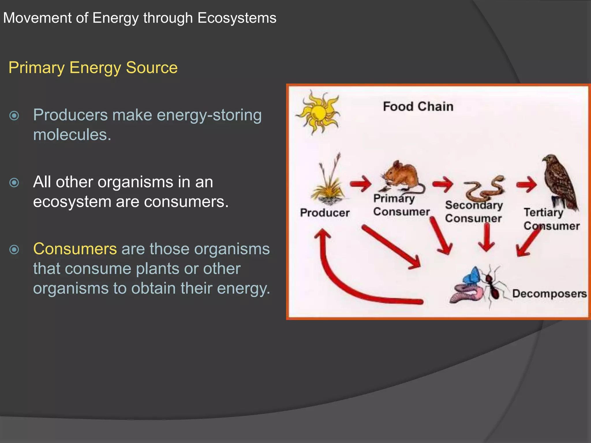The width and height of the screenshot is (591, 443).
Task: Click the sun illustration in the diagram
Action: click(x=318, y=112)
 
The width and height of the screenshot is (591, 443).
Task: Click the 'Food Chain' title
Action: click(x=418, y=106)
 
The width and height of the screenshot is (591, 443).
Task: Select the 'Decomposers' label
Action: click(x=549, y=293)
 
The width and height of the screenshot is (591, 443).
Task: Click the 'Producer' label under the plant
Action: click(x=325, y=213)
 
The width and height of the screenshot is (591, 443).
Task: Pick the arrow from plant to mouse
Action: click(x=361, y=183)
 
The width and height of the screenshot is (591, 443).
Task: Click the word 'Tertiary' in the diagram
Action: click(x=543, y=213)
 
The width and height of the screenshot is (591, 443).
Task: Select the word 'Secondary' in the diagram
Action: click(x=474, y=205)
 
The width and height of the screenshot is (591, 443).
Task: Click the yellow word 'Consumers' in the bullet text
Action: click(x=75, y=249)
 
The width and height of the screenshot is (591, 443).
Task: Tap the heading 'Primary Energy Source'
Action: click(x=93, y=68)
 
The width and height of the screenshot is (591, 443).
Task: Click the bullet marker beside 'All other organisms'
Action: click(x=14, y=183)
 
